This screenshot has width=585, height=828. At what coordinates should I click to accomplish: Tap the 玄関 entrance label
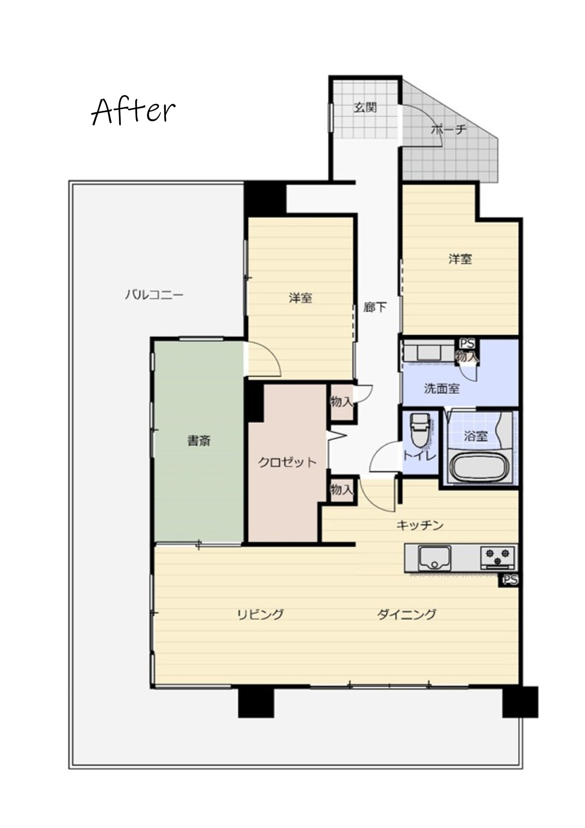click(x=365, y=107)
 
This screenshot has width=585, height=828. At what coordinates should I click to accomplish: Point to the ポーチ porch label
click(x=449, y=129)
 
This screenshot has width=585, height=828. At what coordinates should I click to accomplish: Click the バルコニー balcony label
click(x=154, y=295)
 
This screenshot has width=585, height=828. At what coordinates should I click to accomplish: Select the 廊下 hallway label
click(x=375, y=307)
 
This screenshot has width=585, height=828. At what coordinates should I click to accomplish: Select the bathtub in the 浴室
click(x=481, y=467)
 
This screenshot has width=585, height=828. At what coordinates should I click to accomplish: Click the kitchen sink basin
click(x=434, y=559)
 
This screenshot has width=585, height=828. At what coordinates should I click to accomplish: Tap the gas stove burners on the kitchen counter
click(x=498, y=557)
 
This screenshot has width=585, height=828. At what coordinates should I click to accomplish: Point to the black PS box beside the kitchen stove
click(x=509, y=580)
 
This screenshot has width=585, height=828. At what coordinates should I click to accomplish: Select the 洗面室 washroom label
click(x=441, y=389)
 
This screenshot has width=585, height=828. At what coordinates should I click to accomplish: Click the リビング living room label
click(x=260, y=614)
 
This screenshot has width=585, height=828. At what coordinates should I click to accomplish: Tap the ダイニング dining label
click(x=407, y=614)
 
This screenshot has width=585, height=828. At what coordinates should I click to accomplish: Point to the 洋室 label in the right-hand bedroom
click(x=460, y=259)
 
